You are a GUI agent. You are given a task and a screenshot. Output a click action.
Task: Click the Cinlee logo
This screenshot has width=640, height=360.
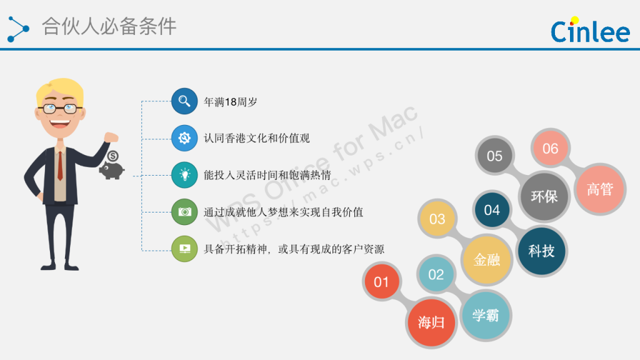(590, 30)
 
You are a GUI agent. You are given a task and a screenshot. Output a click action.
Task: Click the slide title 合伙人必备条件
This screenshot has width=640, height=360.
(109, 26)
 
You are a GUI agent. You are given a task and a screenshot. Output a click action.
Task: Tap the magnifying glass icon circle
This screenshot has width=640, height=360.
(184, 101)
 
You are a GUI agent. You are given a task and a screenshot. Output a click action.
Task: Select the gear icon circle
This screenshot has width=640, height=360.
(184, 138)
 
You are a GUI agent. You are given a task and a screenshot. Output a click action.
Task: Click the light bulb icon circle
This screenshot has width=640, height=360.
(184, 175)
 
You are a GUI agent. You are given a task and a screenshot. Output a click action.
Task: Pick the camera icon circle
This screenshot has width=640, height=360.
(184, 212)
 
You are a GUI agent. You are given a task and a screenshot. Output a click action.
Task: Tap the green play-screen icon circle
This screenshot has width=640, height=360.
(184, 249)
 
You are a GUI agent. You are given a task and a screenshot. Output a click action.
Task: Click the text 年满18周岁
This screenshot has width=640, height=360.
(231, 102)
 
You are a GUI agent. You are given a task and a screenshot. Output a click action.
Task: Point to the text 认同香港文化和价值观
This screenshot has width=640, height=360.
(257, 138)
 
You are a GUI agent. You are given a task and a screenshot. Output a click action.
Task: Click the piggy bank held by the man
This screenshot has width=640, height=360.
(111, 167)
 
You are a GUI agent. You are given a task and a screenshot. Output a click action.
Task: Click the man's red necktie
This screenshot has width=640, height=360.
(60, 166)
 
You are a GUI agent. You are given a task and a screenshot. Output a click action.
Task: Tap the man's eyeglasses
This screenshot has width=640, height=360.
(60, 109)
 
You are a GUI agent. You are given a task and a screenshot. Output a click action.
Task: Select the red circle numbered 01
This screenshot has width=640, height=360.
(381, 282)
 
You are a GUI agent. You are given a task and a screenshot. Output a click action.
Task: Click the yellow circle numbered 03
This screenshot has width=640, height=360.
(437, 219)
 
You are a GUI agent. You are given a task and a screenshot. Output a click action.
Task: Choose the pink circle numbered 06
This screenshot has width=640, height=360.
(550, 149)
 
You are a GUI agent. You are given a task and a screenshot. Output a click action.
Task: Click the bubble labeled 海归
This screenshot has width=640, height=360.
(431, 322)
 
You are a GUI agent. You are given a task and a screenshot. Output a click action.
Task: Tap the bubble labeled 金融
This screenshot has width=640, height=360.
(487, 259)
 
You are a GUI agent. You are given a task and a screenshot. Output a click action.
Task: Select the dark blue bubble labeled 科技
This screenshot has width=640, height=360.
(542, 251)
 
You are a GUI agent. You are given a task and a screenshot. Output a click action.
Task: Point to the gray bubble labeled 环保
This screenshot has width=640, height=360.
(544, 196)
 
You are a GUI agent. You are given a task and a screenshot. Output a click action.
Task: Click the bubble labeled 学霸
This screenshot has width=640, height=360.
(486, 316)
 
